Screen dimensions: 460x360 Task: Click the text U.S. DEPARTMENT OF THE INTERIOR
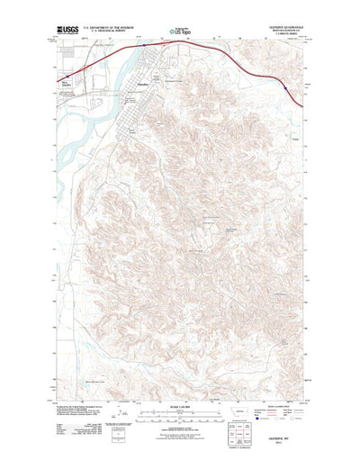click(x=110, y=27)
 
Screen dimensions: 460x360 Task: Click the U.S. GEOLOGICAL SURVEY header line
click(x=110, y=32)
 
